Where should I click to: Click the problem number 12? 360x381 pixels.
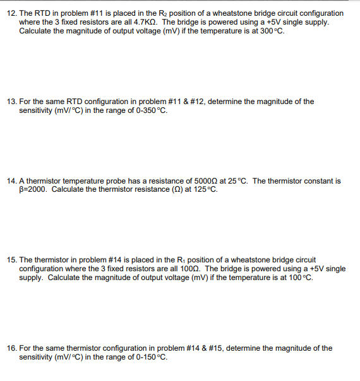11,13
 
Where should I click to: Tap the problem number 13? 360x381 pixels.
11,102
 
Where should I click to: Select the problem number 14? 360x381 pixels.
11,181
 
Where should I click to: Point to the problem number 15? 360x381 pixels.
11,260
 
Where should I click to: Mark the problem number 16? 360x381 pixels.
11,348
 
